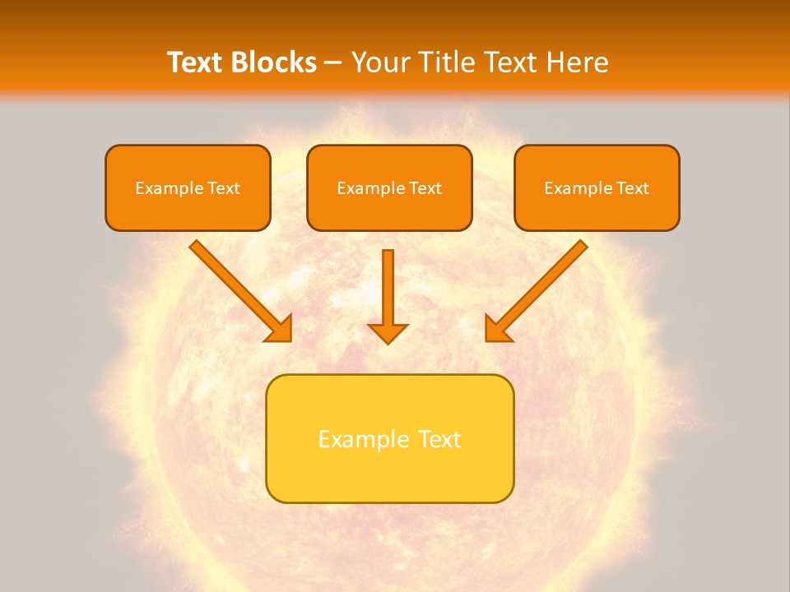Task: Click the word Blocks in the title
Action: coord(272,62)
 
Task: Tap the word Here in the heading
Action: coord(577,62)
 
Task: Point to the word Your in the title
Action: coord(378,62)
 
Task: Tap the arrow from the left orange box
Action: coord(239,289)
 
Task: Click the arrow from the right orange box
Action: coord(538,289)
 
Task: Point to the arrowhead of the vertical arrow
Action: coord(388,332)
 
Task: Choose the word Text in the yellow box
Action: coord(439,439)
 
